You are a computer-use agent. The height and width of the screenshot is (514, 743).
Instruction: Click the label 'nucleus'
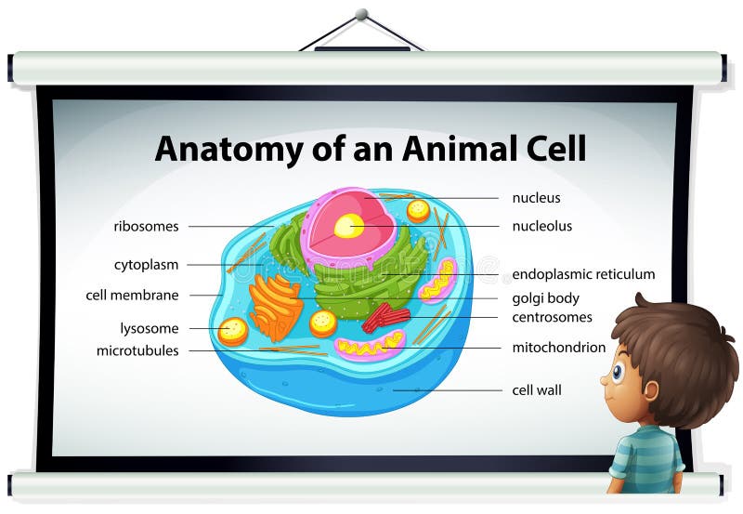(x=536, y=198)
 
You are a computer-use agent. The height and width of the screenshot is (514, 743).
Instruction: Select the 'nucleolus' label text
(x=541, y=226)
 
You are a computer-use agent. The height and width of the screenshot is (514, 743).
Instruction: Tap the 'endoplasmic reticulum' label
(x=583, y=274)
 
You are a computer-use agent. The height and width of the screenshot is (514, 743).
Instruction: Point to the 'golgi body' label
(x=545, y=298)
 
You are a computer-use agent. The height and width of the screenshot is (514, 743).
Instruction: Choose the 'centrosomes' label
(x=552, y=317)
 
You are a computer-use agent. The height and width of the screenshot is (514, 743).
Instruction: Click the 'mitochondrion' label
(x=558, y=348)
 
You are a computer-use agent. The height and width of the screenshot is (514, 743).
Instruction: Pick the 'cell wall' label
(x=537, y=390)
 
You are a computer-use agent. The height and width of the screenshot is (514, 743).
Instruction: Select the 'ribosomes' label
(x=146, y=226)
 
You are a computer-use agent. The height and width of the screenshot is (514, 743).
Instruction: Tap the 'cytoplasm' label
(x=146, y=265)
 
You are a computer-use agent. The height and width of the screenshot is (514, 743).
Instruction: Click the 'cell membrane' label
(x=132, y=296)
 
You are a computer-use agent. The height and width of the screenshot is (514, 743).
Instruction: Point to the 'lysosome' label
(x=149, y=328)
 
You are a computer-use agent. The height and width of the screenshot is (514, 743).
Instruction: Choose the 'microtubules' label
(x=137, y=350)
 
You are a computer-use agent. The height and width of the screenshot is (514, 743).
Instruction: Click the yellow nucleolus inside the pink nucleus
(x=349, y=226)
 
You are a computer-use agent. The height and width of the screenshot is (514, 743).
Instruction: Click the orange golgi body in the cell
(x=276, y=306)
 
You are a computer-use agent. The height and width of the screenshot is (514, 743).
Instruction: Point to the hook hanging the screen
(x=361, y=15)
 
